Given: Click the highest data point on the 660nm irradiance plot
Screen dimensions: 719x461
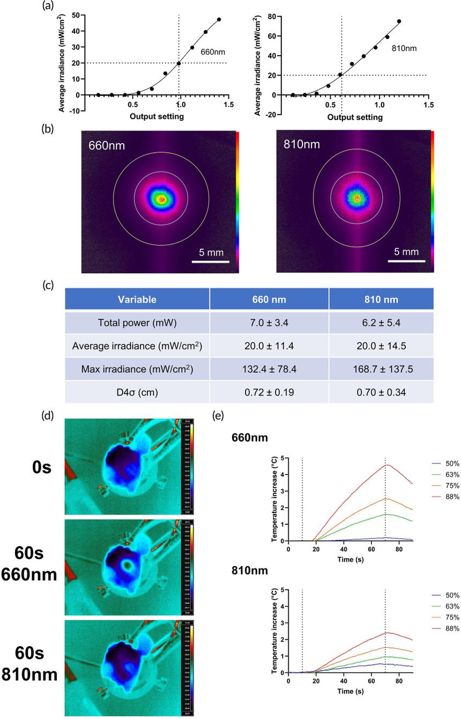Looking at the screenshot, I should [219, 20].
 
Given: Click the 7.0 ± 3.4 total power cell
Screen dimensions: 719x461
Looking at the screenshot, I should [269, 323].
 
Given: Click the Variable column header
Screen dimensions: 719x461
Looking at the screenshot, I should [137, 299].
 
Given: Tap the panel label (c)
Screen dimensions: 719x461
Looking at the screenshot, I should [49, 285].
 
